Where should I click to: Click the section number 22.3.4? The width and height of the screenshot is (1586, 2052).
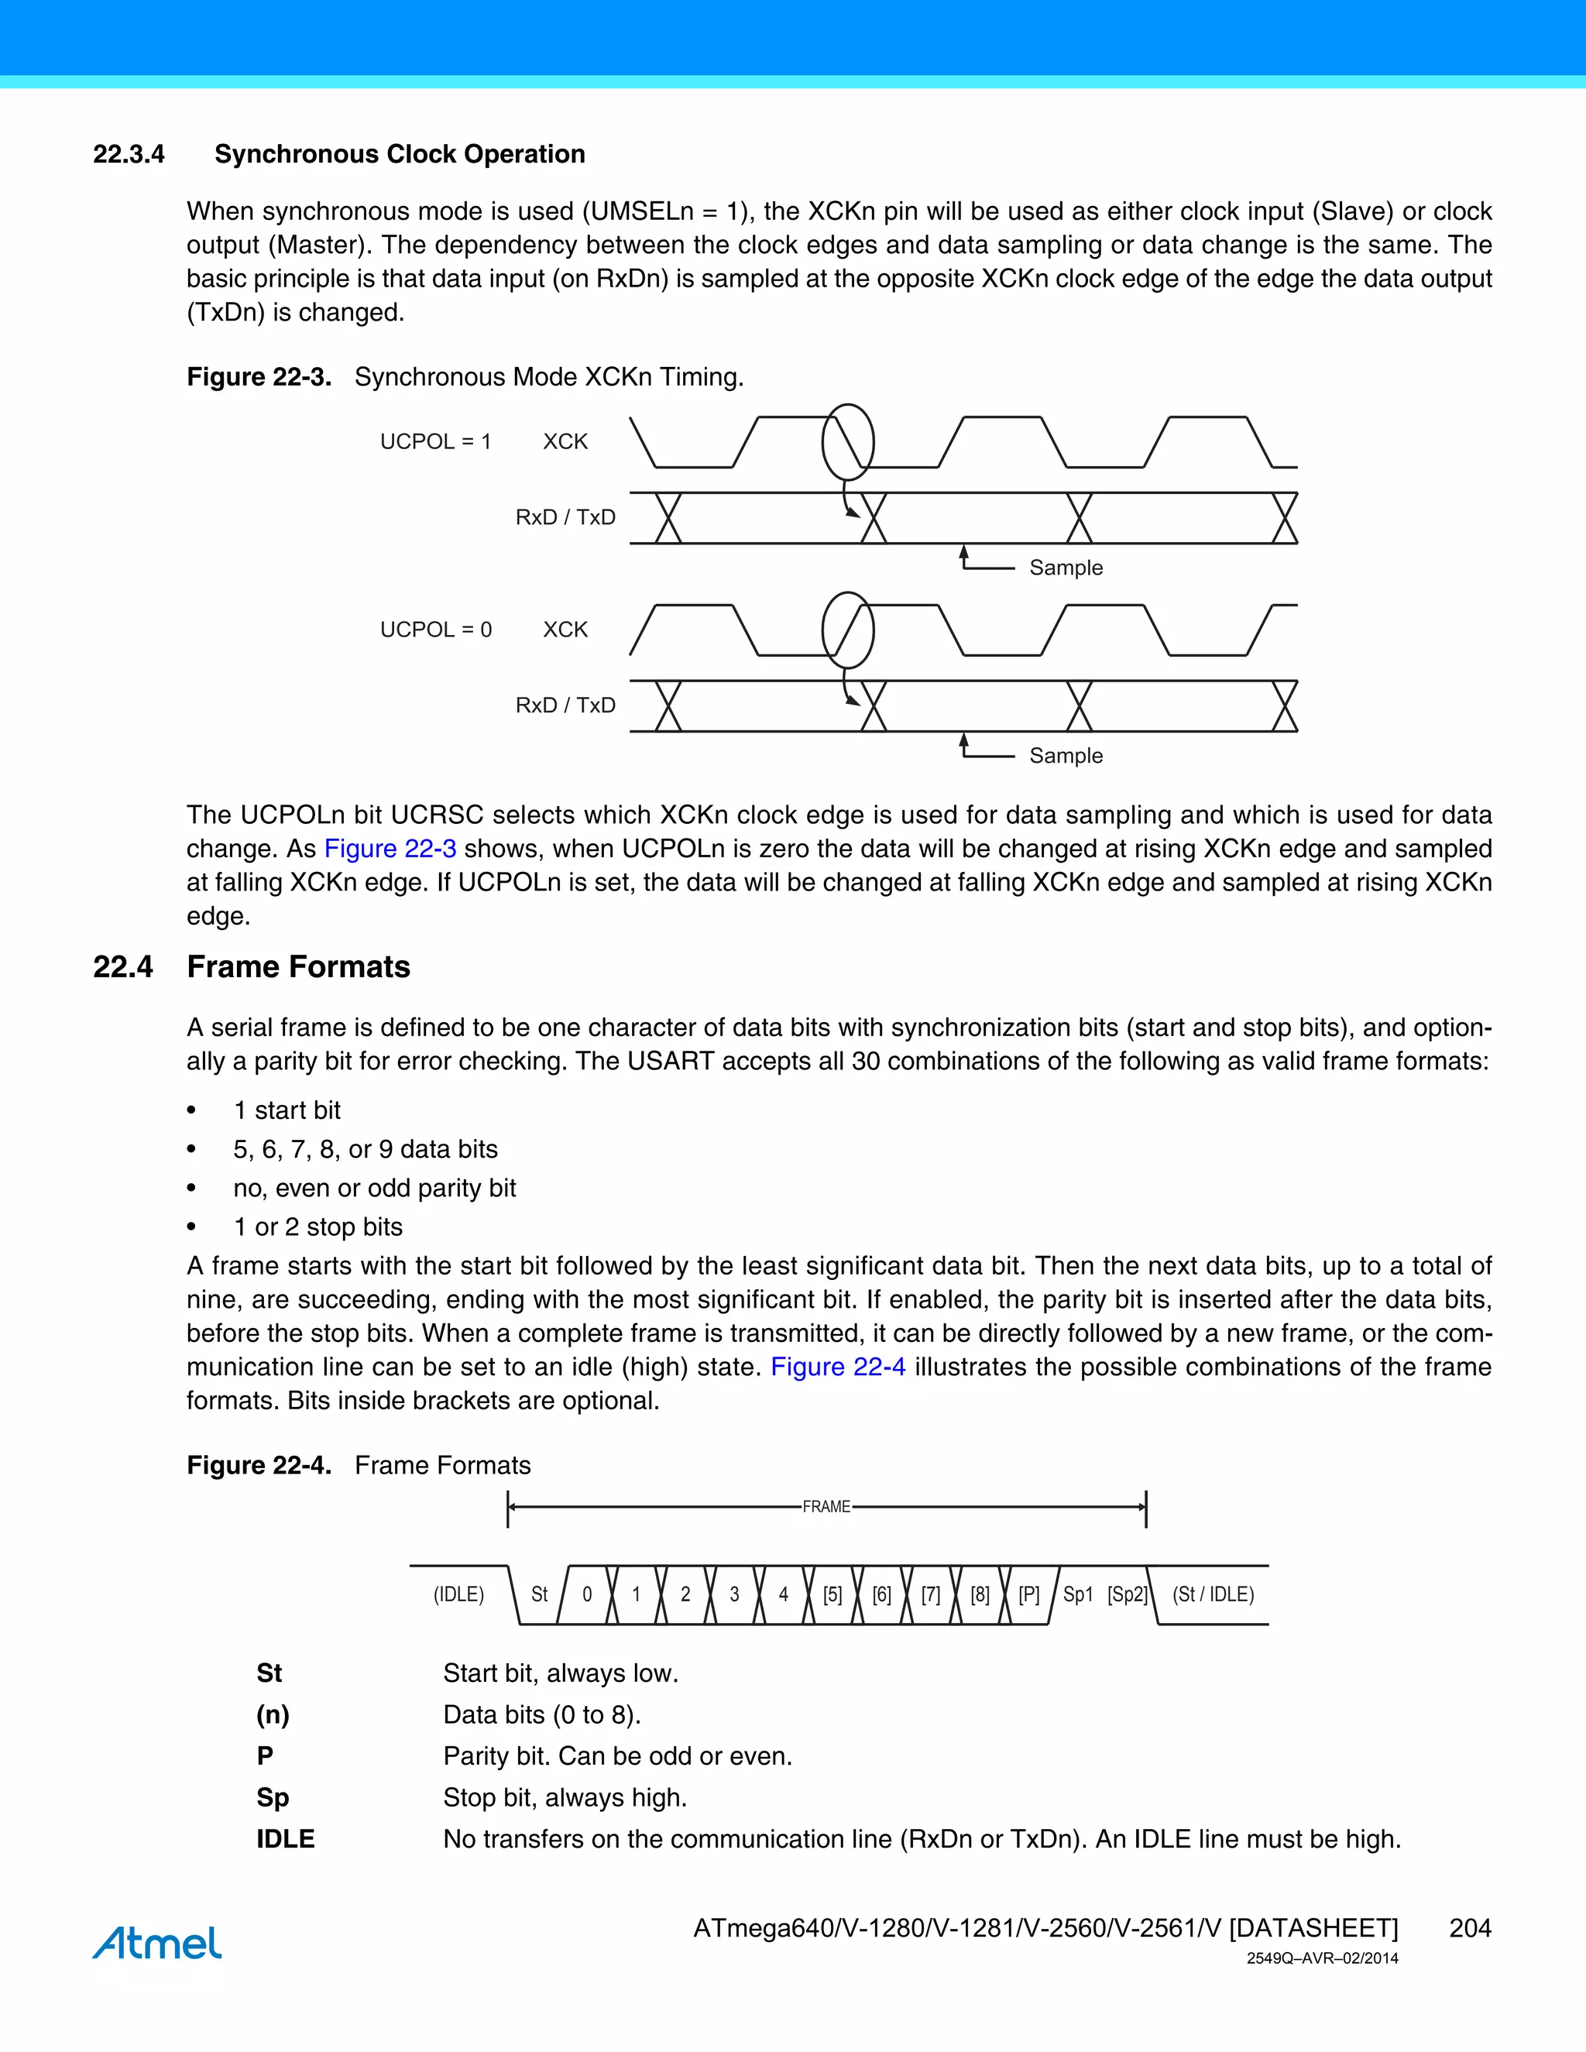pyautogui.click(x=129, y=154)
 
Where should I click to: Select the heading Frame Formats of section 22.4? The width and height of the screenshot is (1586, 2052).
pyautogui.click(x=298, y=967)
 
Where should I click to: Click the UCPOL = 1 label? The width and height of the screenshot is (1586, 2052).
pyautogui.click(x=435, y=441)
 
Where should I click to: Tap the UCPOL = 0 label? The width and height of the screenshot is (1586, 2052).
pyautogui.click(x=435, y=630)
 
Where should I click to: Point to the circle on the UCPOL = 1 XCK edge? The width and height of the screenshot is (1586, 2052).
pyautogui.click(x=847, y=442)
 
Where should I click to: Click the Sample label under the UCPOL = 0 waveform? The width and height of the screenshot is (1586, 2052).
pyautogui.click(x=1066, y=756)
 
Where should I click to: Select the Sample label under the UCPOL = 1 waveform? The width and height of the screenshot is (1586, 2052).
pyautogui.click(x=1066, y=568)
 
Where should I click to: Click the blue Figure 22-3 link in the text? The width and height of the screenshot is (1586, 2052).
pyautogui.click(x=390, y=849)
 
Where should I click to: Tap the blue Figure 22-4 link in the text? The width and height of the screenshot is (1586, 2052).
pyautogui.click(x=837, y=1367)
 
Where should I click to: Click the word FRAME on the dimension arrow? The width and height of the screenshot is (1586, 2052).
pyautogui.click(x=826, y=1507)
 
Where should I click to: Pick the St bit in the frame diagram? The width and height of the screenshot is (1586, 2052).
pyautogui.click(x=539, y=1594)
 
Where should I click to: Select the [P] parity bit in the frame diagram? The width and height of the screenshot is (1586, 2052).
pyautogui.click(x=1029, y=1594)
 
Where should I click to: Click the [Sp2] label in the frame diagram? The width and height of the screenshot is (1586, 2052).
pyautogui.click(x=1127, y=1594)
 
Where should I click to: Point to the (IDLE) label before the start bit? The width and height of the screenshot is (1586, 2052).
pyautogui.click(x=458, y=1594)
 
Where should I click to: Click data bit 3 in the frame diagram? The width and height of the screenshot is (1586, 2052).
pyautogui.click(x=734, y=1594)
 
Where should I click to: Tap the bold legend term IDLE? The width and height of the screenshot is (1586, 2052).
pyautogui.click(x=286, y=1839)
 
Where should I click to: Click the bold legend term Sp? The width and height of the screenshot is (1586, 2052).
pyautogui.click(x=273, y=1797)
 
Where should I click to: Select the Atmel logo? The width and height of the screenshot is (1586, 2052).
pyautogui.click(x=157, y=1943)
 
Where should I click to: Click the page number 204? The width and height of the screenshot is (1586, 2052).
pyautogui.click(x=1470, y=1928)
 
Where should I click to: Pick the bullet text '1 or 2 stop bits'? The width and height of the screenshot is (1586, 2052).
pyautogui.click(x=318, y=1227)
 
